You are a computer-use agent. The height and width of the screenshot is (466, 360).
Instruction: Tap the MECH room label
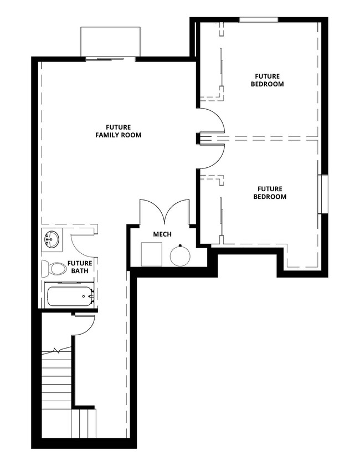(162, 234)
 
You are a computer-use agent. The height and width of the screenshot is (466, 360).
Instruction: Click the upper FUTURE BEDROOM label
(268, 80)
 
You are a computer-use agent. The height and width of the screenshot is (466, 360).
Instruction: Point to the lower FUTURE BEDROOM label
(270, 192)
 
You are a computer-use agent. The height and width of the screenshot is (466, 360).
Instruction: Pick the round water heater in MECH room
(180, 255)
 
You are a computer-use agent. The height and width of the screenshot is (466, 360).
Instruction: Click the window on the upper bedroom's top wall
(258, 20)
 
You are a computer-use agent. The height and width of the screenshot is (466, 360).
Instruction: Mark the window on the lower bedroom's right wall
(323, 194)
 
